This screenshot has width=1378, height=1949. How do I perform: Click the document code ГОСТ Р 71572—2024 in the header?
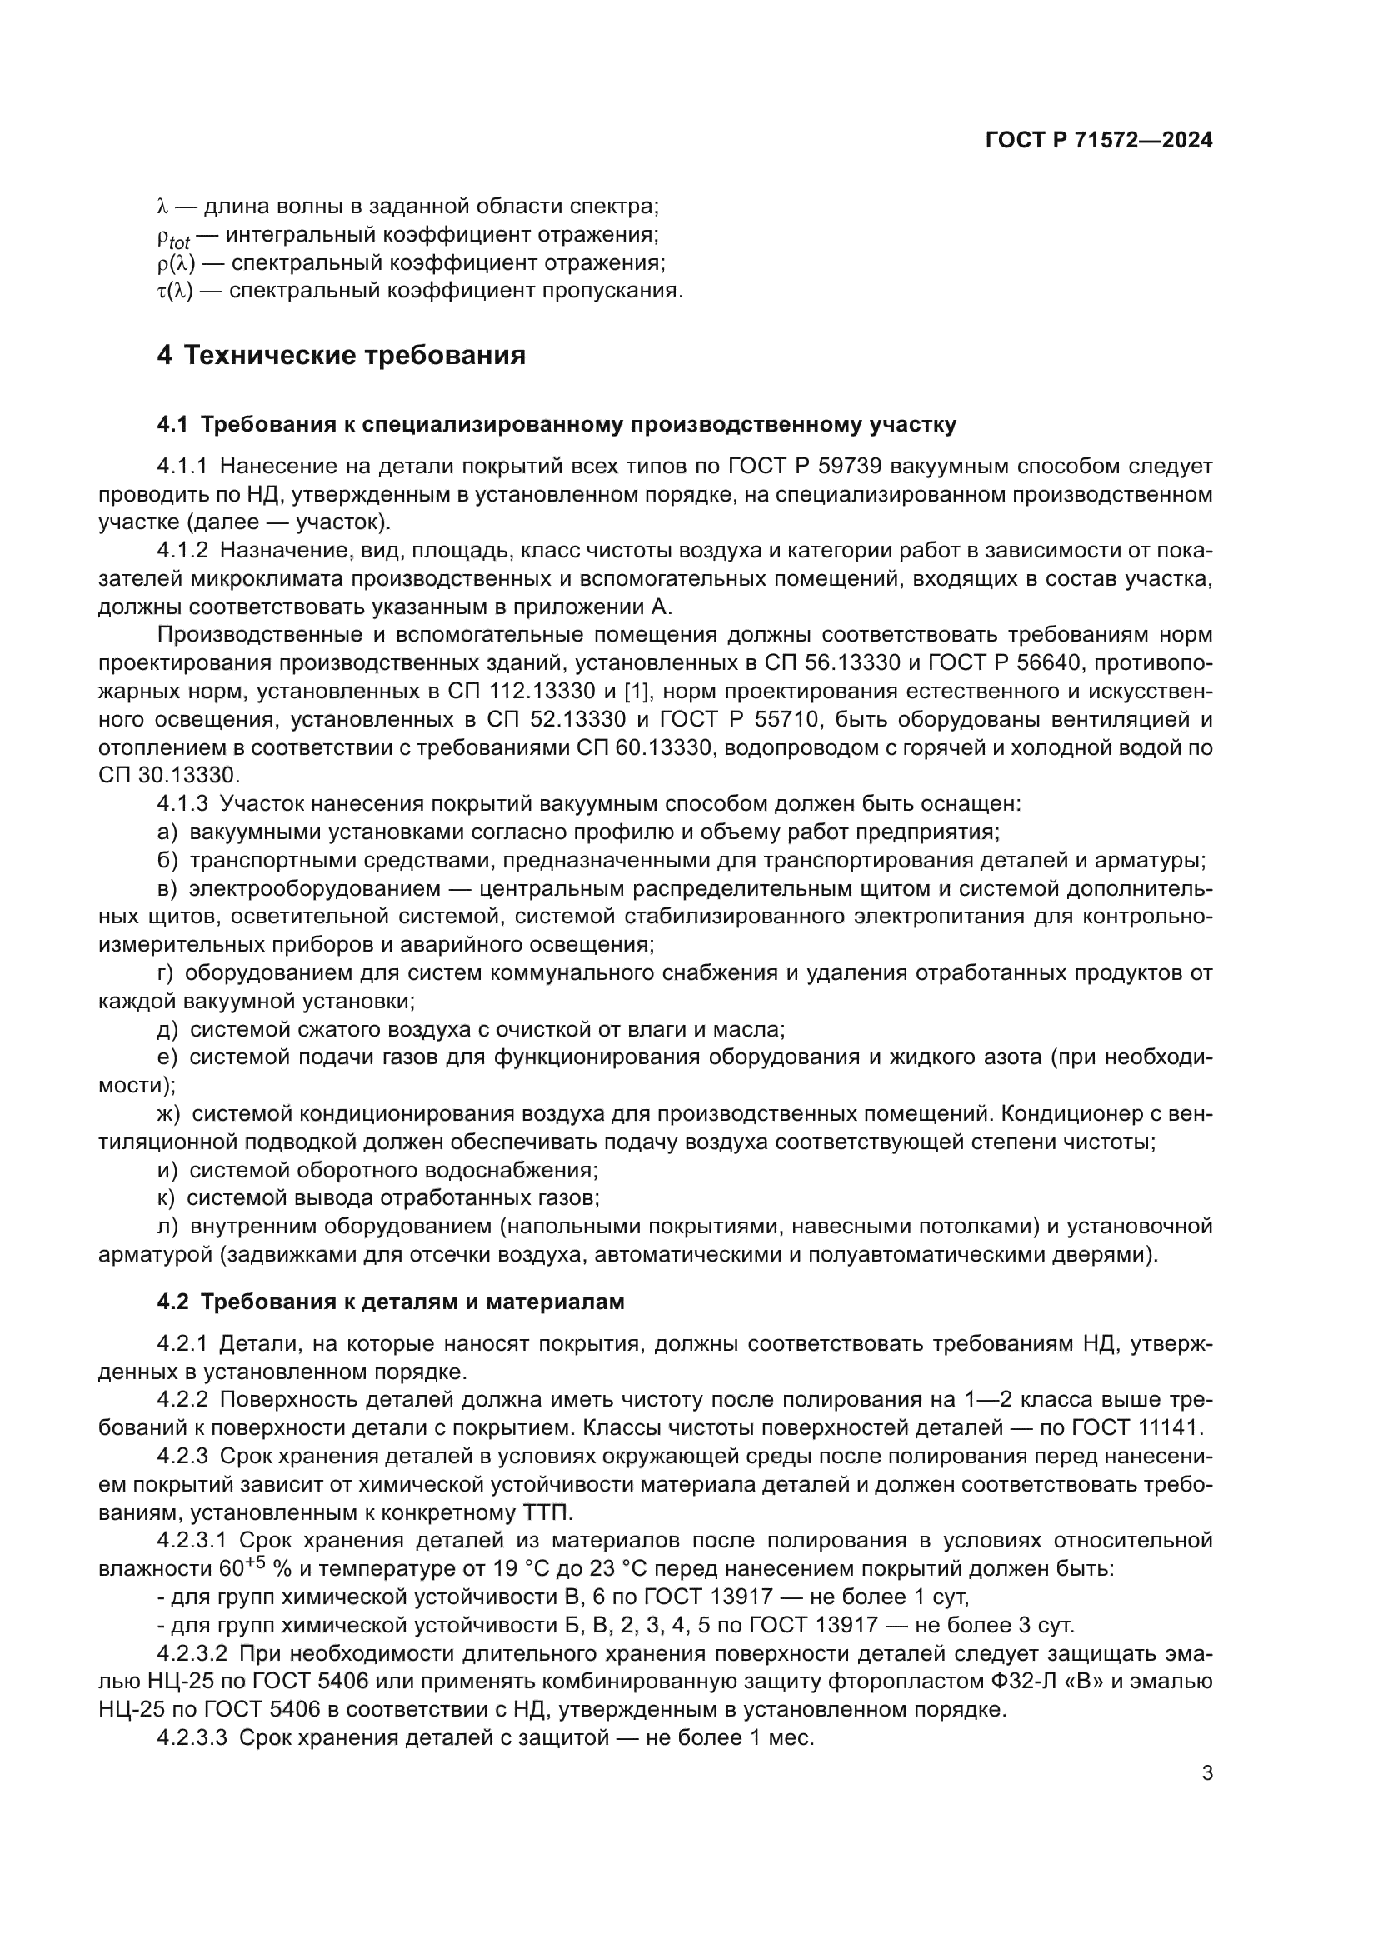pyautogui.click(x=1099, y=141)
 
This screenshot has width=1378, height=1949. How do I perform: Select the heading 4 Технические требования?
pyautogui.click(x=341, y=355)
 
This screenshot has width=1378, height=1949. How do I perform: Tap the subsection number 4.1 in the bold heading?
pyautogui.click(x=173, y=424)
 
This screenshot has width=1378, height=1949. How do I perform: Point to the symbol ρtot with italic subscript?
pyautogui.click(x=174, y=237)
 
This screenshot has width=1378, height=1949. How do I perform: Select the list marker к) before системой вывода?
pyautogui.click(x=167, y=1197)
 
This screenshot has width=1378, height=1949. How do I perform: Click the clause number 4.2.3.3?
pyautogui.click(x=192, y=1737)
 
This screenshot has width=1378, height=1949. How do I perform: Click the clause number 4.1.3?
pyautogui.click(x=182, y=803)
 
